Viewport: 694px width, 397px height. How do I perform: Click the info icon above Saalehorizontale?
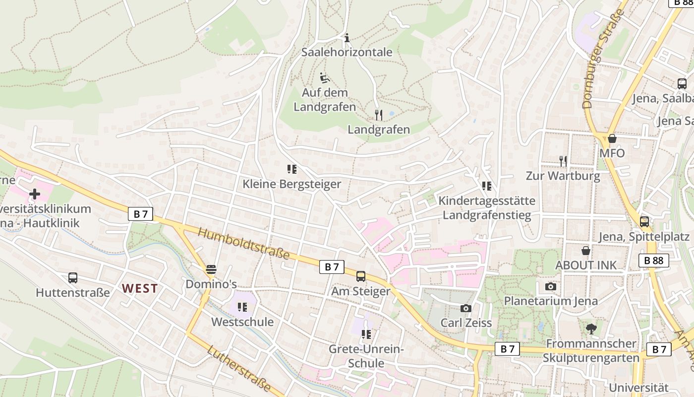(347, 38)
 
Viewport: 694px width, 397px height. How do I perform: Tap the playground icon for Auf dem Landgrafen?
(324, 78)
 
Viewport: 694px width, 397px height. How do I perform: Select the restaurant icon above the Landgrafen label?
(379, 115)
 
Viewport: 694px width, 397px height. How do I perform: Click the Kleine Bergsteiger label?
(291, 184)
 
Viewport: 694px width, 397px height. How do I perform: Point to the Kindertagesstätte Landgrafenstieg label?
(487, 208)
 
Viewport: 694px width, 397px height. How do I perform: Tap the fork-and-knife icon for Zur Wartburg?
(563, 161)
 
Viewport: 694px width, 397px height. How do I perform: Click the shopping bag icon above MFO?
(612, 138)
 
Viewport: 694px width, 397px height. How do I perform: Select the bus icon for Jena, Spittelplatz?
(644, 222)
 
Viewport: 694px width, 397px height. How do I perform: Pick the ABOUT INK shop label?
(586, 265)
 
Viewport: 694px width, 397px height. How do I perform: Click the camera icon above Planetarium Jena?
(550, 287)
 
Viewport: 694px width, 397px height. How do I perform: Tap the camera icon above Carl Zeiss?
(465, 309)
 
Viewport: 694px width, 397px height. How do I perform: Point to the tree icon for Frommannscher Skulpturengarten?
(590, 329)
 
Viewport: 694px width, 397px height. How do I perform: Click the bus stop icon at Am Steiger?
(361, 276)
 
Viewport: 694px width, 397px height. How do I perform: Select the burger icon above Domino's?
(211, 269)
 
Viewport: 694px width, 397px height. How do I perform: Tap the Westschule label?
(242, 322)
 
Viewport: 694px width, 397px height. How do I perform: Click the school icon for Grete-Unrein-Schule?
(366, 334)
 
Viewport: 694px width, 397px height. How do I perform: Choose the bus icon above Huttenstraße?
(73, 278)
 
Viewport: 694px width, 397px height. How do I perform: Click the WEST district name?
(140, 288)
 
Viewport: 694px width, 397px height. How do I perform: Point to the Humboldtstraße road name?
(243, 243)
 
